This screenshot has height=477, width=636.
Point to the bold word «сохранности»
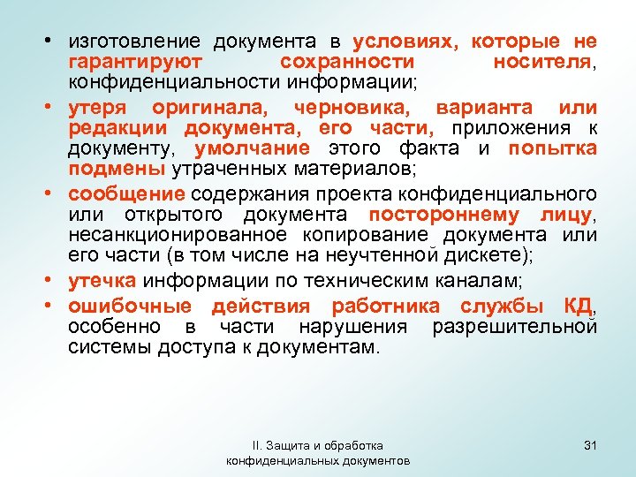(346, 62)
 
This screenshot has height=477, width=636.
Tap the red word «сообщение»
(126, 193)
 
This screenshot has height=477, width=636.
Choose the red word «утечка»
(102, 281)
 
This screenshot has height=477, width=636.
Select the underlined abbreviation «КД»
(578, 307)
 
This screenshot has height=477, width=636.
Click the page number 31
(591, 444)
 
